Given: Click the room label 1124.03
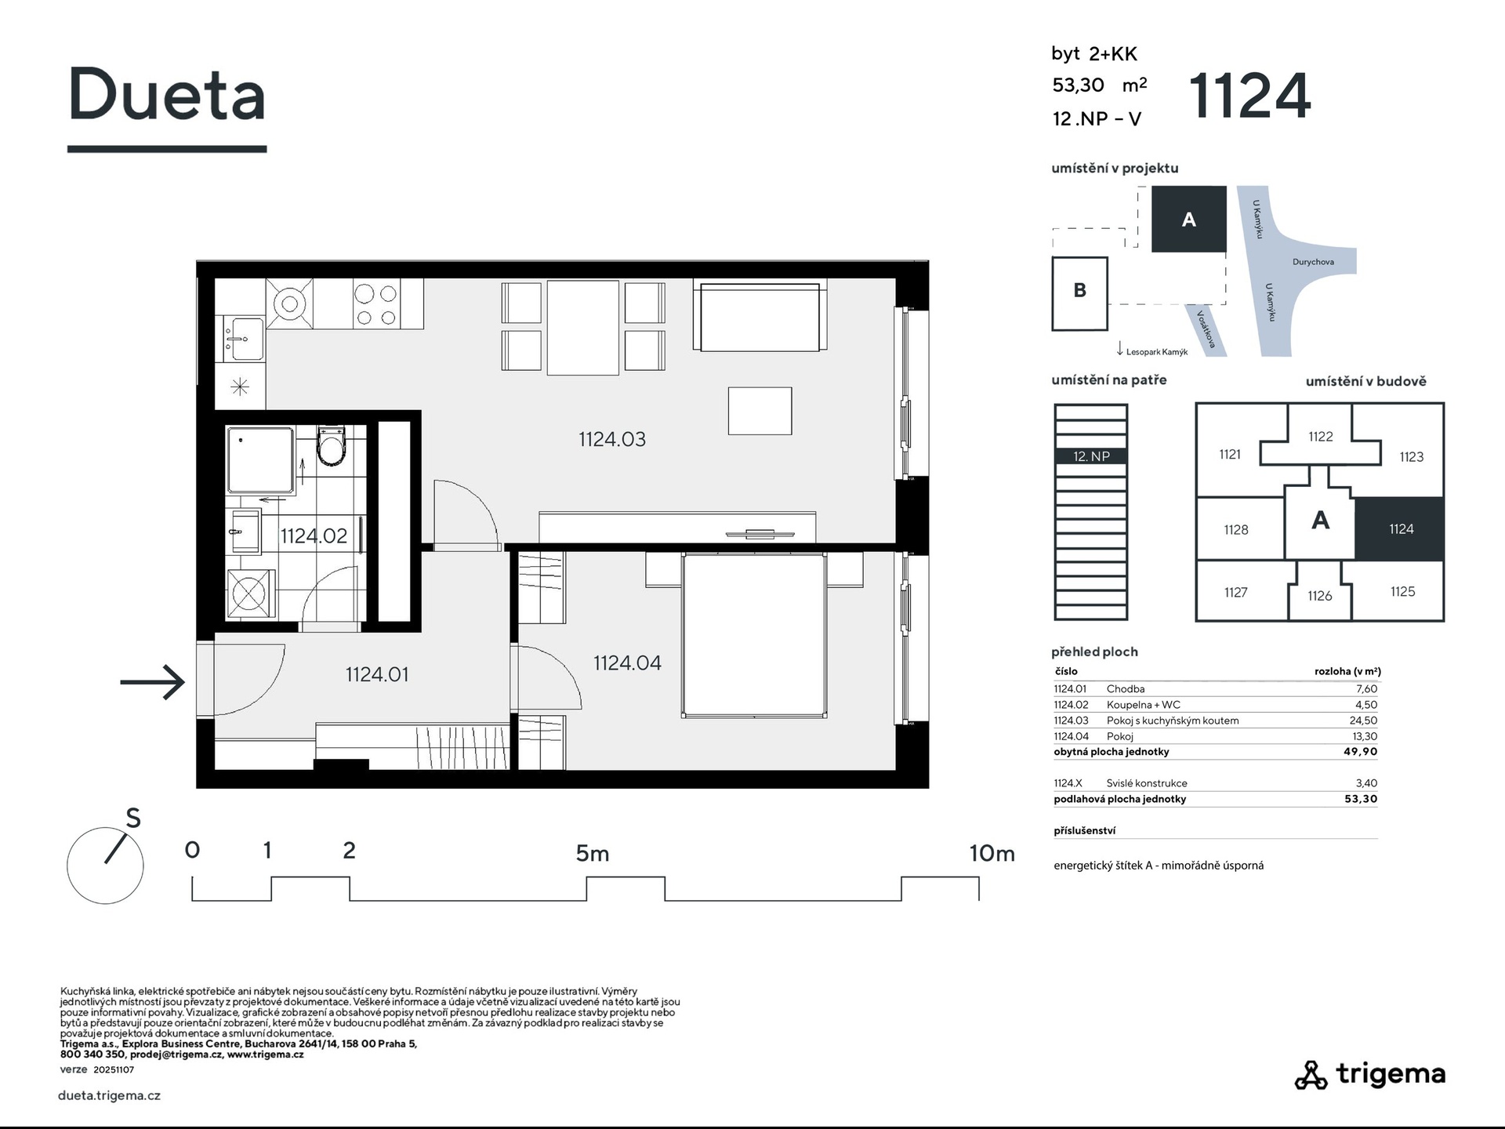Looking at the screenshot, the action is (x=612, y=439).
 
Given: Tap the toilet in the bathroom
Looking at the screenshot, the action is (x=331, y=446).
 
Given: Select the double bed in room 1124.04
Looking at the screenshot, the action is (x=754, y=635).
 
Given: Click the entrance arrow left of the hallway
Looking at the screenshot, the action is (x=152, y=681).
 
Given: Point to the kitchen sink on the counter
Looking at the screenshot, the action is (x=244, y=338).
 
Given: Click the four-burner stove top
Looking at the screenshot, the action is (x=376, y=304).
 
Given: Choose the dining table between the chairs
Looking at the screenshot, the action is (x=582, y=328).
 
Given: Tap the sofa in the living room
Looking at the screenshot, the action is (x=760, y=317).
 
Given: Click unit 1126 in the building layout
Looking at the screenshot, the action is (x=1320, y=596).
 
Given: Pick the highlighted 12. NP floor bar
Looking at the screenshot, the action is (x=1091, y=456).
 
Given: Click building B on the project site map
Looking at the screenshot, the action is (x=1079, y=292).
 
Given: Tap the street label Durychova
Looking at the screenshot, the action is (x=1313, y=262).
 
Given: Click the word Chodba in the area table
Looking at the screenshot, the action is (x=1126, y=689).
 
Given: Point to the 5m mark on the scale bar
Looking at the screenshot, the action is (x=593, y=853).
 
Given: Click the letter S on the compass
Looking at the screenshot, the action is (x=133, y=819).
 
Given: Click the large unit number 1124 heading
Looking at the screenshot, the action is (x=1249, y=96).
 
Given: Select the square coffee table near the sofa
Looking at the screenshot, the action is (x=760, y=411).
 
